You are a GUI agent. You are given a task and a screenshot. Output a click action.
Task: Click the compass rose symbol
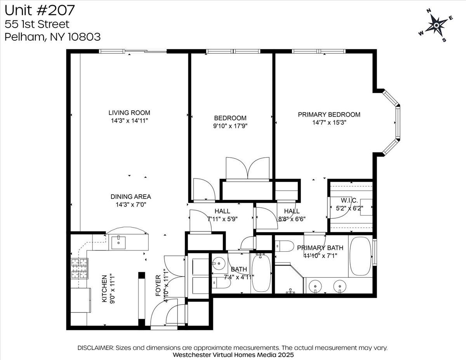[436, 26]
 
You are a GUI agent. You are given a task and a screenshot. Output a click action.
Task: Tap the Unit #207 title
[40, 9]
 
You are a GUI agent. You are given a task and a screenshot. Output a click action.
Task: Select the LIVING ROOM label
[129, 113]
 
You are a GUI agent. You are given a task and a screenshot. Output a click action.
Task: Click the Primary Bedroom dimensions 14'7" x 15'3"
[329, 122]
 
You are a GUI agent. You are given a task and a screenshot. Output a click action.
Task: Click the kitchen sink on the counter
[118, 243]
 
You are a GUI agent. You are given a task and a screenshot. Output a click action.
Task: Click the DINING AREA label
[130, 197]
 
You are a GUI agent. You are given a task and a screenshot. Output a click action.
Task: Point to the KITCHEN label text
[104, 289]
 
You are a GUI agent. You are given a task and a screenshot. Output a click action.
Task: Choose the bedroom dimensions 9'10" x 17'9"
[230, 126]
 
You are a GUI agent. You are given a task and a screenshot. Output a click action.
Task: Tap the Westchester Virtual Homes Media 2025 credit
[233, 355]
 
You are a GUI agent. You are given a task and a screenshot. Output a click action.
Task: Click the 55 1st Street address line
[37, 24]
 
